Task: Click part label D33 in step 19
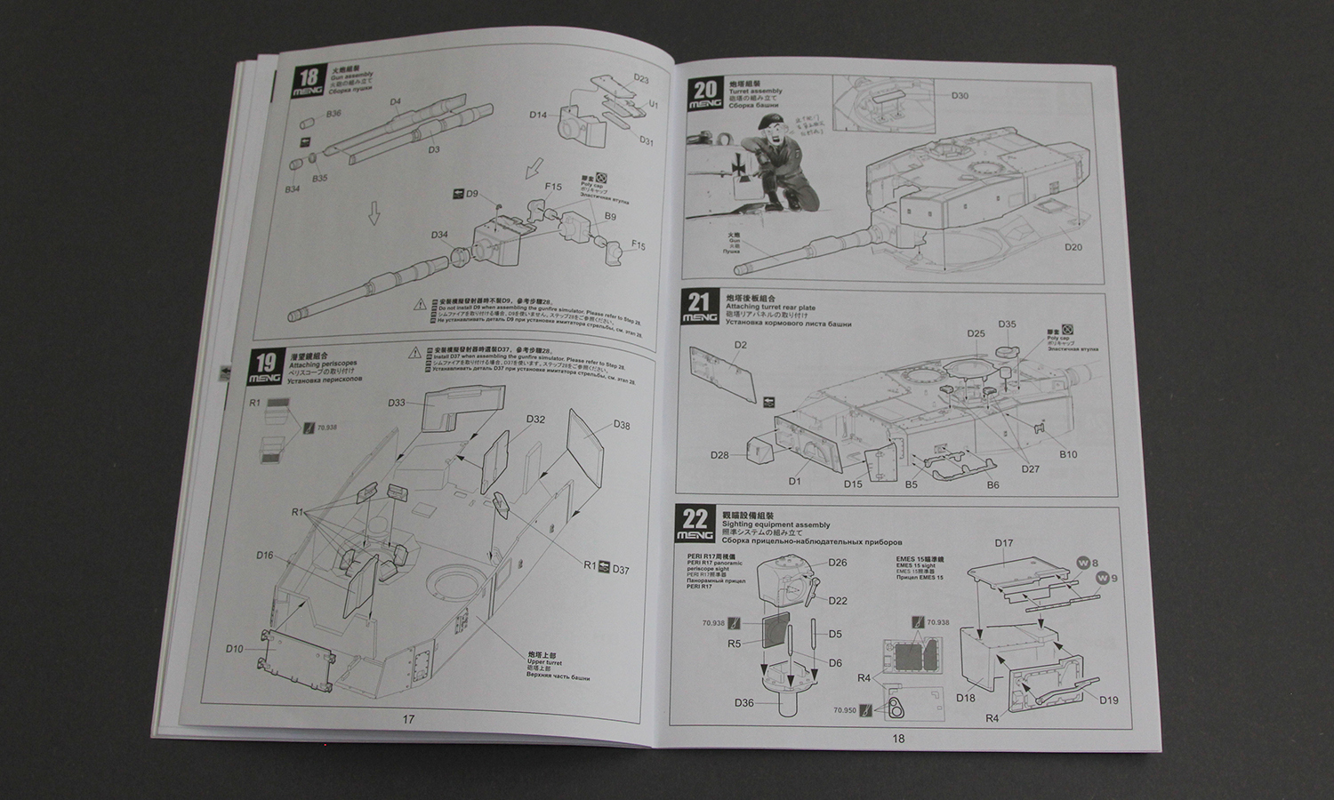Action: tap(397, 403)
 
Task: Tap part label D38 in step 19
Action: tap(622, 425)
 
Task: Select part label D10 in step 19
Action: tap(234, 649)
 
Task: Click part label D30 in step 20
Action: tap(960, 96)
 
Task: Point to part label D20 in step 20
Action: tap(1073, 246)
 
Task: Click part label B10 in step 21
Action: tap(1068, 454)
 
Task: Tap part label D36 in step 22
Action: tap(744, 704)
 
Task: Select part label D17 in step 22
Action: tap(1004, 543)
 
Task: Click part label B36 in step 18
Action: tap(333, 114)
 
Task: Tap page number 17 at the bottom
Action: tap(408, 719)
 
